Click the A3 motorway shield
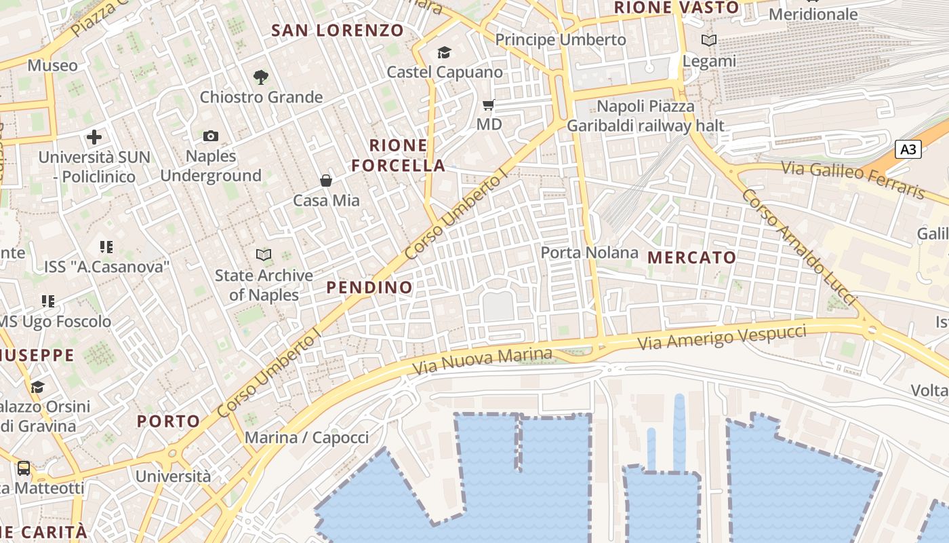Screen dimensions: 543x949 [x=908, y=149]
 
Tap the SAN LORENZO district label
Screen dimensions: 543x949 [x=338, y=30]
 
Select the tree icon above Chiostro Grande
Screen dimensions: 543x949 [x=260, y=77]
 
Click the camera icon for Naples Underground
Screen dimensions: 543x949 [x=211, y=136]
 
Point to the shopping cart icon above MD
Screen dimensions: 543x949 [x=488, y=105]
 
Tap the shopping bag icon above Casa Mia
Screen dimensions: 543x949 [x=326, y=180]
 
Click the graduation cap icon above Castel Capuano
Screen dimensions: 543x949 [x=444, y=52]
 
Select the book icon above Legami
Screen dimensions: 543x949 [x=708, y=41]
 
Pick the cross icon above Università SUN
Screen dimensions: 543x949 [x=94, y=137]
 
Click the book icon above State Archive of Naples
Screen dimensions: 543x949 [x=264, y=255]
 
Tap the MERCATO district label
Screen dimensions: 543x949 [x=691, y=257]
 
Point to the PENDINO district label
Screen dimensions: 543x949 [x=369, y=287]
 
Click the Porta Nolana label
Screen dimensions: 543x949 [x=589, y=253]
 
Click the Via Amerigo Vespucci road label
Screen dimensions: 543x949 [x=722, y=337]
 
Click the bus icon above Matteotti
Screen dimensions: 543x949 [x=24, y=468]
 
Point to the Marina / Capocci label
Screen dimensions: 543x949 [x=307, y=437]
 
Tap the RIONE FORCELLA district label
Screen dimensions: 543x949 [x=399, y=155]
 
